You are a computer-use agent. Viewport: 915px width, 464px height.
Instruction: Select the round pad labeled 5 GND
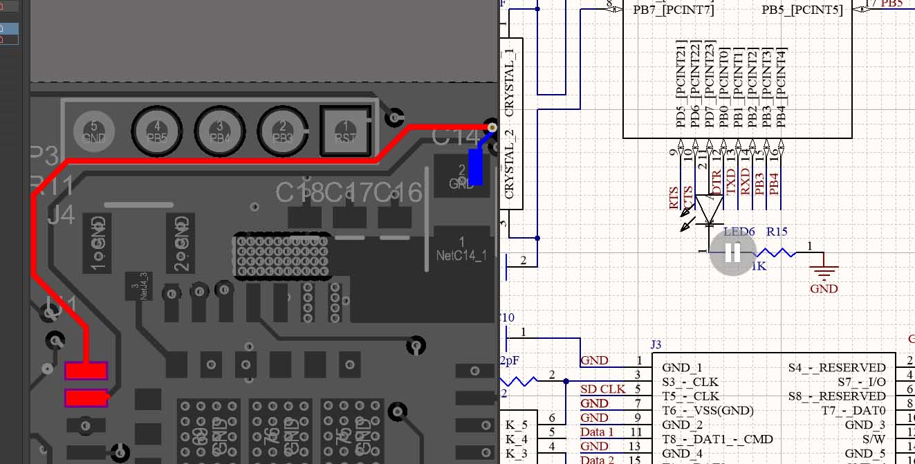click(94, 130)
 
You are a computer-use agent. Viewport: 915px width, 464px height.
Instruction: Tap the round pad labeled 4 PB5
click(157, 130)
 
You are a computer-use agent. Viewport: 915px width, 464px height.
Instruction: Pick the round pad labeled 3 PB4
click(220, 130)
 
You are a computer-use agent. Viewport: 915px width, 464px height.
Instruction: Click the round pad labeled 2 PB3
click(283, 130)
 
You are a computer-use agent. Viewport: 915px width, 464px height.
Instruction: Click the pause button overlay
click(732, 253)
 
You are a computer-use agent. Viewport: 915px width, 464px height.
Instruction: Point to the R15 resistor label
click(777, 232)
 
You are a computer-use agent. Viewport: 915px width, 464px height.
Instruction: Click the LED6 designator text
click(739, 232)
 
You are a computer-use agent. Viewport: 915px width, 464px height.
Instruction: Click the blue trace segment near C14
click(476, 167)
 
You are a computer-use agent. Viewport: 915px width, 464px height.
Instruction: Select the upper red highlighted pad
click(86, 371)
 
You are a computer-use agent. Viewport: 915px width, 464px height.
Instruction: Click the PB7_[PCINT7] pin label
click(673, 10)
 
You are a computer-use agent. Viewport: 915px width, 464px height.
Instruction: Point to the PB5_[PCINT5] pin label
click(802, 10)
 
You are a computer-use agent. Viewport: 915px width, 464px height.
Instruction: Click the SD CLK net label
click(603, 389)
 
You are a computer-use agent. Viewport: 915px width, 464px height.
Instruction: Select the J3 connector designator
click(656, 344)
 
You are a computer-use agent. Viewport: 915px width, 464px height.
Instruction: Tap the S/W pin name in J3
click(874, 439)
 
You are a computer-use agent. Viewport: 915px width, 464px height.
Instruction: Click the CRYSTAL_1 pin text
click(510, 82)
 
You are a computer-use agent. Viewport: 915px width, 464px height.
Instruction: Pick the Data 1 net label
click(597, 432)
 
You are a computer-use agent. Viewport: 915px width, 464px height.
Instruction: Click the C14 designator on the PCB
click(455, 137)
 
